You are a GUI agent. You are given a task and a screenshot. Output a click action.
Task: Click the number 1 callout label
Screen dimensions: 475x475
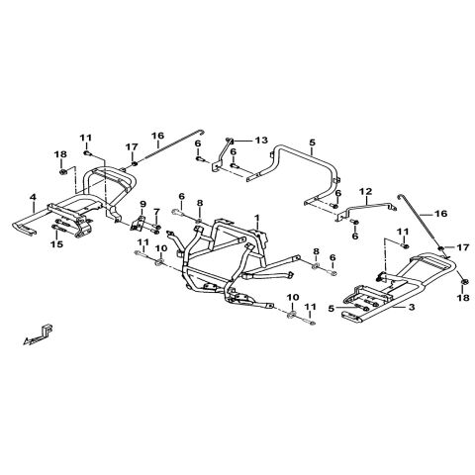[x=257, y=218]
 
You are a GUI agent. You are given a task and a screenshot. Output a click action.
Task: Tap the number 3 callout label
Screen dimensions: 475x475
[x=412, y=307]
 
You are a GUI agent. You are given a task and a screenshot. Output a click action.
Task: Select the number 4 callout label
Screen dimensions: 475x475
[x=33, y=198]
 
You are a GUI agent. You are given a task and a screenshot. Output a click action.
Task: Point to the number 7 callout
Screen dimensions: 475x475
[x=156, y=211]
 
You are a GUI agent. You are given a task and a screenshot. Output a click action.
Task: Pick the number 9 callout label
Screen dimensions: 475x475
[x=142, y=204]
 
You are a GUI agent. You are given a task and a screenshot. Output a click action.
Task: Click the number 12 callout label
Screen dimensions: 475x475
[x=366, y=191]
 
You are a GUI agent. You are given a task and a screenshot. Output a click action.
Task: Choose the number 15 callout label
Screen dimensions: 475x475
[x=56, y=244]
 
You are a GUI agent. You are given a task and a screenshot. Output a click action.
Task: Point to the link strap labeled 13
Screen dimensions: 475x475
[x=222, y=155]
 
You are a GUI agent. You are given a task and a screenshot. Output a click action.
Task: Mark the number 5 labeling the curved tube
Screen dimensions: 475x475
[x=313, y=142]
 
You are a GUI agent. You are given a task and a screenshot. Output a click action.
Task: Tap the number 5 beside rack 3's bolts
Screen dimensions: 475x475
[x=332, y=309]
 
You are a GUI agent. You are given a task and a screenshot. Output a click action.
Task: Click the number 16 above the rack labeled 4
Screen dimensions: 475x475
[x=157, y=136]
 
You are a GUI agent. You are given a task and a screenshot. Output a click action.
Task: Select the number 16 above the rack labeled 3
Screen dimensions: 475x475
[x=441, y=214]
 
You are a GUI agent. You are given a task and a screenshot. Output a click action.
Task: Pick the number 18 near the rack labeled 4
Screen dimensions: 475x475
[x=61, y=154]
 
